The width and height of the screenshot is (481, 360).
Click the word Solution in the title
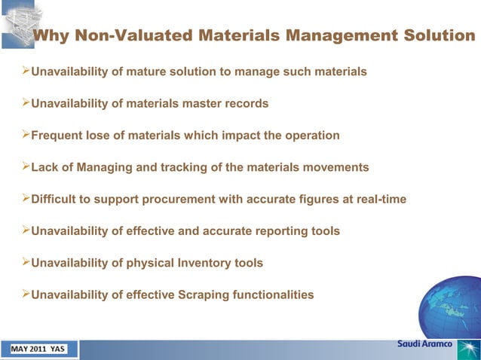(x=434, y=35)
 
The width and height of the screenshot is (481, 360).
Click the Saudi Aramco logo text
(x=424, y=344)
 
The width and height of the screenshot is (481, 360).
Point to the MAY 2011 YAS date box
(x=38, y=349)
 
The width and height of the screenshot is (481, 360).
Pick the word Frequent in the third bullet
(x=58, y=136)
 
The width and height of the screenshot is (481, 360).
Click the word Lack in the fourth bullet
(x=44, y=167)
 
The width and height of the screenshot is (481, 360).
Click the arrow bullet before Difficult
(x=23, y=199)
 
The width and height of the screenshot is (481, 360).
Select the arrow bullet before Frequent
(x=23, y=136)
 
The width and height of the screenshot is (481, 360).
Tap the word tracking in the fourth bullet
(x=182, y=167)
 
